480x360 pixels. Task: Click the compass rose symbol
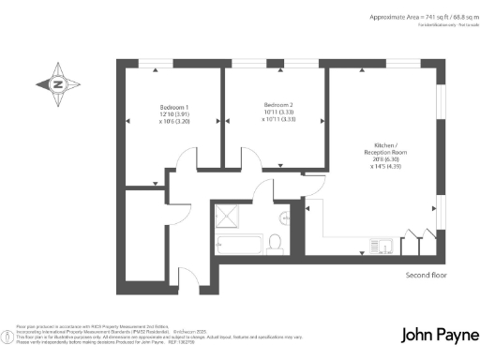[57, 85]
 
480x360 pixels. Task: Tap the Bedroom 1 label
[174, 107]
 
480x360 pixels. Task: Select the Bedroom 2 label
[279, 104]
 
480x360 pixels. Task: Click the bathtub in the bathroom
[239, 245]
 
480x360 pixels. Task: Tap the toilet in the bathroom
[275, 242]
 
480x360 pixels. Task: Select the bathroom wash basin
[285, 217]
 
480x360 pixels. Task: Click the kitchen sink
[384, 247]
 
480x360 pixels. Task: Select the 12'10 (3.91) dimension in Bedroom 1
[174, 114]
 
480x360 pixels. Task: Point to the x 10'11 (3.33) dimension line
[279, 119]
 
